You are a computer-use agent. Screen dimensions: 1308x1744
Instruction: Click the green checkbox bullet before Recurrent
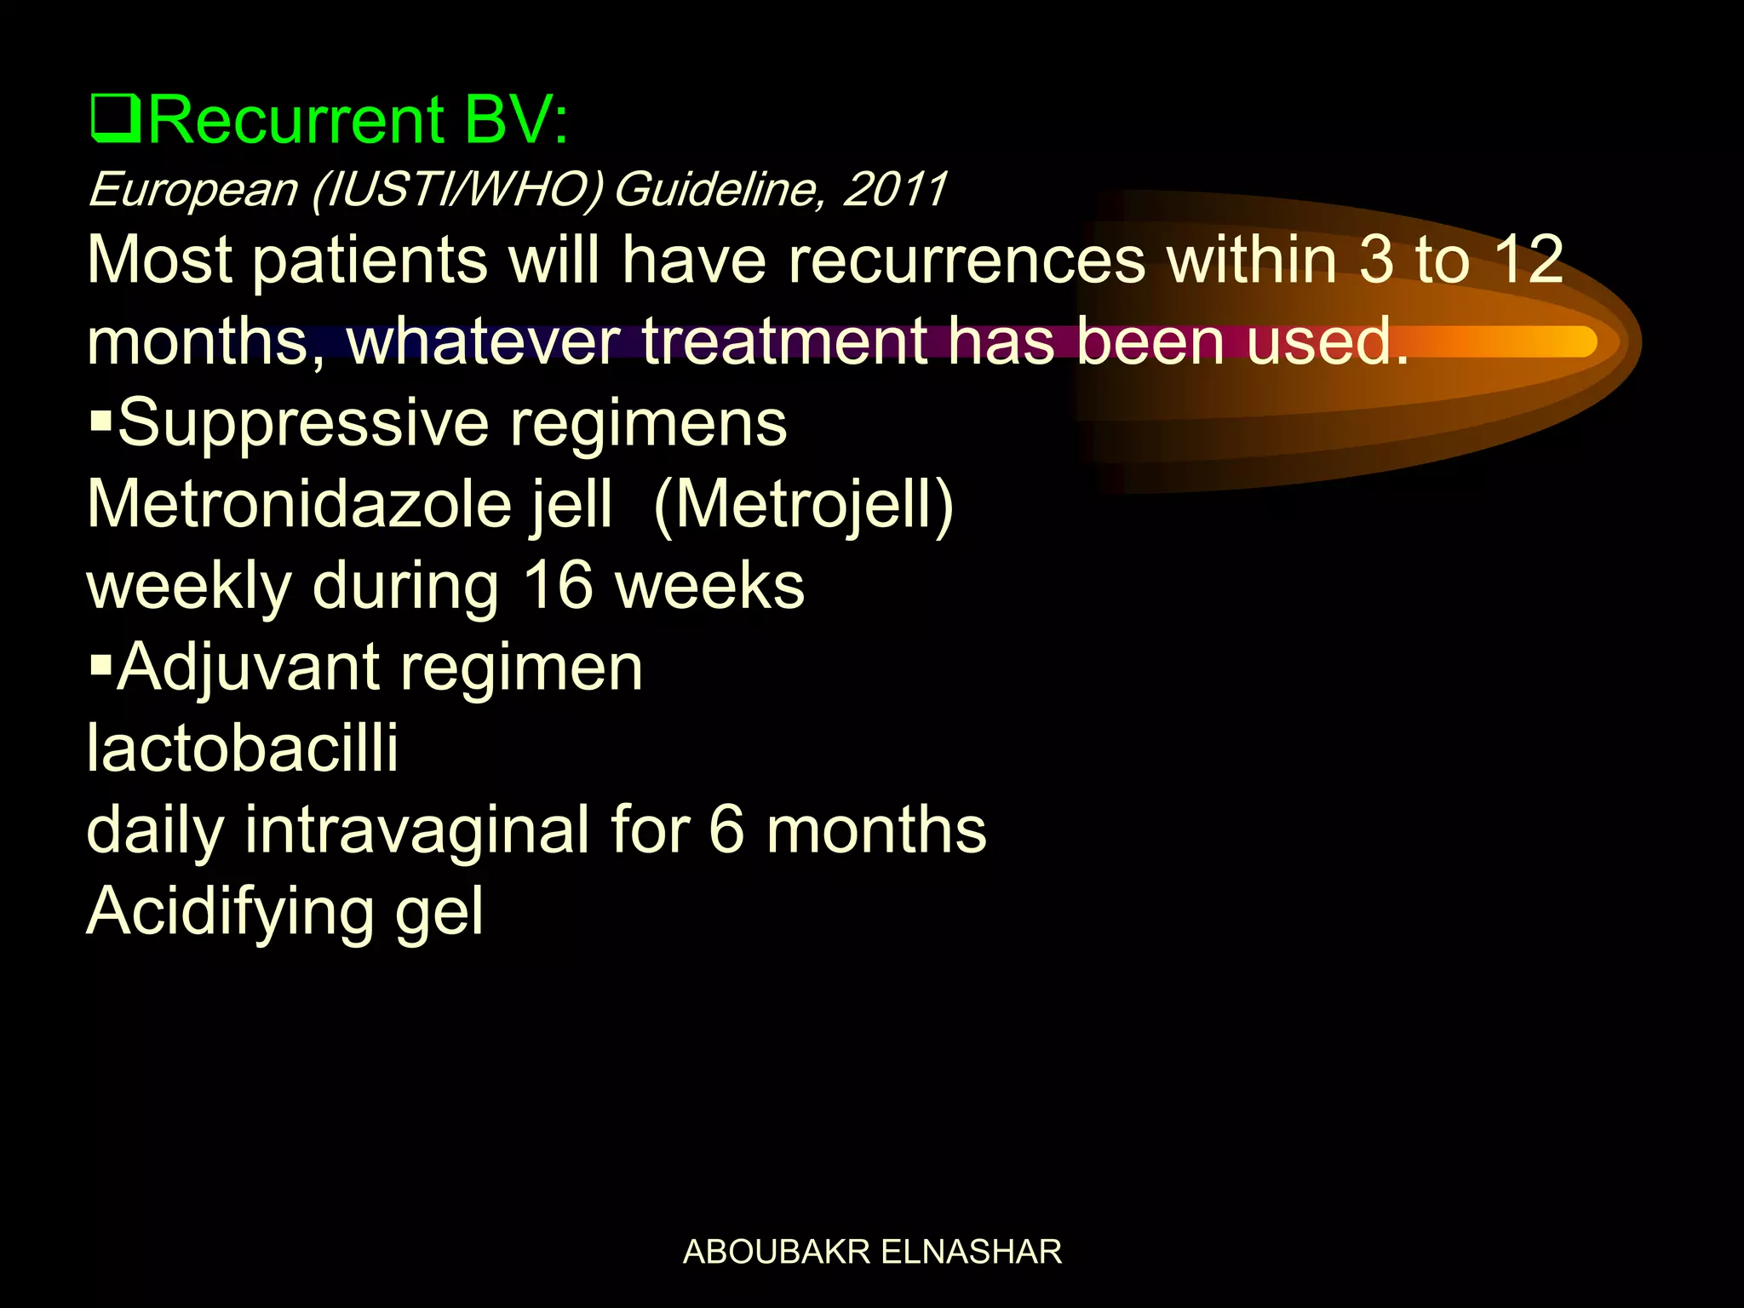[x=115, y=121]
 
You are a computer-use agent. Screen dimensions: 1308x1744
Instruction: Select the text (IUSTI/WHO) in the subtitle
[x=457, y=189]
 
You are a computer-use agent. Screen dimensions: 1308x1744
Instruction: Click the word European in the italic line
[x=192, y=189]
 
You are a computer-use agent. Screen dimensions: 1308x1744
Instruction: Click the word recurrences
[x=967, y=260]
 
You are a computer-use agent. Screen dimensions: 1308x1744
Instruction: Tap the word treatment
[x=783, y=341]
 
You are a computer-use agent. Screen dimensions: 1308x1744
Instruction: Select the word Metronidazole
[x=298, y=504]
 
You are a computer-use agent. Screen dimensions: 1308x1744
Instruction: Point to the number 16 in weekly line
[x=557, y=586]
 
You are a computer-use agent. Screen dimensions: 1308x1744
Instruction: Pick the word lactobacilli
[x=243, y=749]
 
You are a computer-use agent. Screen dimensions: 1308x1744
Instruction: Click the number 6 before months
[x=726, y=829]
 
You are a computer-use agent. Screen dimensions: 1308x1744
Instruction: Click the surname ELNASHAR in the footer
[x=971, y=1252]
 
